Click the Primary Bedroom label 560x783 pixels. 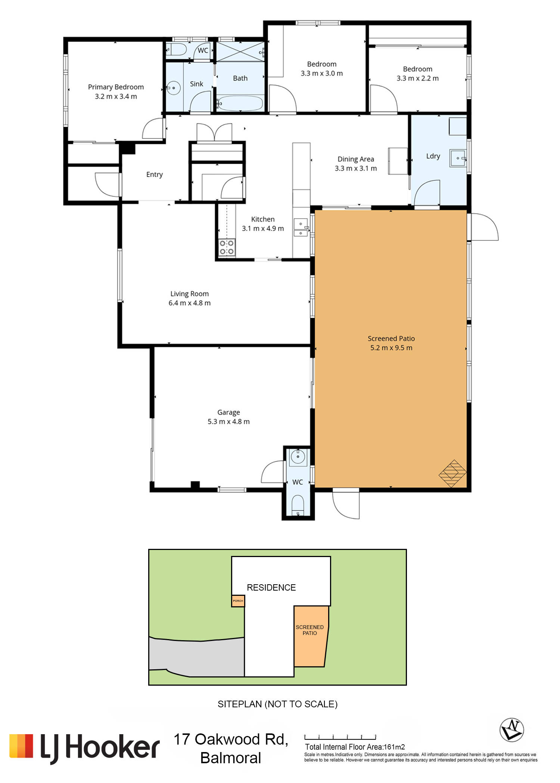click(116, 87)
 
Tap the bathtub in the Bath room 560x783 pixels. click(240, 103)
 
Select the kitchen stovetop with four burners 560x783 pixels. click(227, 247)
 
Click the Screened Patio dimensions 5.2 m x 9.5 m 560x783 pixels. click(391, 348)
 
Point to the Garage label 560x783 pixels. click(228, 412)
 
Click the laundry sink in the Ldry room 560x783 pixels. click(458, 158)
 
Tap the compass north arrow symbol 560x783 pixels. click(511, 730)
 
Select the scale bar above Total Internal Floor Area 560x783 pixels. click(340, 737)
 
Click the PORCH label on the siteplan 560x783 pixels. click(238, 601)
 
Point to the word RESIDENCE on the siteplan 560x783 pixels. click(271, 588)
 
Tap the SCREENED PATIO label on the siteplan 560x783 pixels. click(309, 630)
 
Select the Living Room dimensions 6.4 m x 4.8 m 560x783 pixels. click(189, 303)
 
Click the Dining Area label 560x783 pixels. click(355, 159)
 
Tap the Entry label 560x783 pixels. click(154, 174)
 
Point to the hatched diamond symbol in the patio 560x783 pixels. click(452, 474)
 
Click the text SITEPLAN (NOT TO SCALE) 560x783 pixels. click(277, 704)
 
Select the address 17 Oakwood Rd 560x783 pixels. click(231, 739)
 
